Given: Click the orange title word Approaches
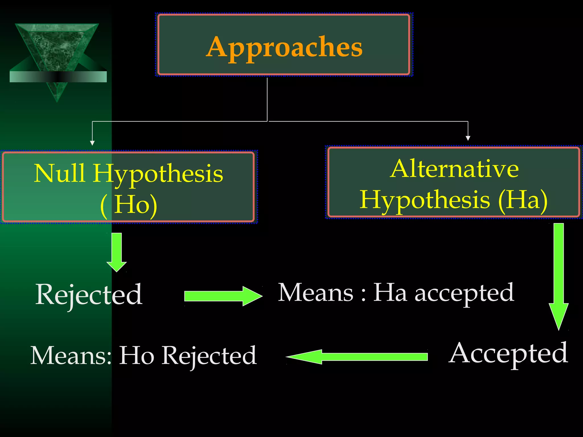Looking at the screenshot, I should coord(284,47).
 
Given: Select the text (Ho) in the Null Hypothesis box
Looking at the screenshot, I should coord(129,205).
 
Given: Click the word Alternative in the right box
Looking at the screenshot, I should coord(454,168).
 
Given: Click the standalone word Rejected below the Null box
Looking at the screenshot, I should coord(89,294).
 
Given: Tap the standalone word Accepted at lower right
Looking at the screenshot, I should coord(508,353).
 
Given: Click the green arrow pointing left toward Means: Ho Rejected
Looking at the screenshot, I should coord(357,356).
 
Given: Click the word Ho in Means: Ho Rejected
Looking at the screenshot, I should coord(137,355).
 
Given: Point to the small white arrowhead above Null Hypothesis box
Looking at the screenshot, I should coord(92,143).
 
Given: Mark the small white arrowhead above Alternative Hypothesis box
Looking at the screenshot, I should coord(468,138).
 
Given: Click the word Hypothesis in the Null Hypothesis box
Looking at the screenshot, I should coord(158,174).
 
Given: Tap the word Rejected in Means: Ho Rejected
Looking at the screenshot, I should coord(209,356).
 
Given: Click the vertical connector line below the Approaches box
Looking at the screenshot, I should coord(267,100).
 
